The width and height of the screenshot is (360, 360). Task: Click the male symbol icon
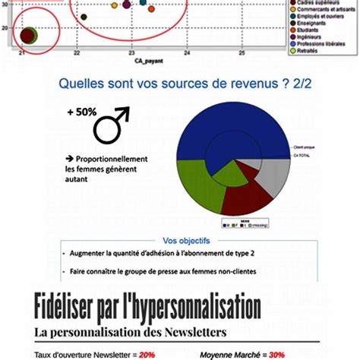coord(111,125)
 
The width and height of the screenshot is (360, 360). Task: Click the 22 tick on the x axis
coord(77,54)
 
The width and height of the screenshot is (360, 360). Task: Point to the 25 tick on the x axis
coord(242,54)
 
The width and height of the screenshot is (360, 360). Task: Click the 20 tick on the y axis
coord(6,28)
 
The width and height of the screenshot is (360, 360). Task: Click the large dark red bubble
coord(29,36)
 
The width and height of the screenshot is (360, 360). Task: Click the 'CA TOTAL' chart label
coord(302,155)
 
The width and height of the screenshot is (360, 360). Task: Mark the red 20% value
coord(147,353)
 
